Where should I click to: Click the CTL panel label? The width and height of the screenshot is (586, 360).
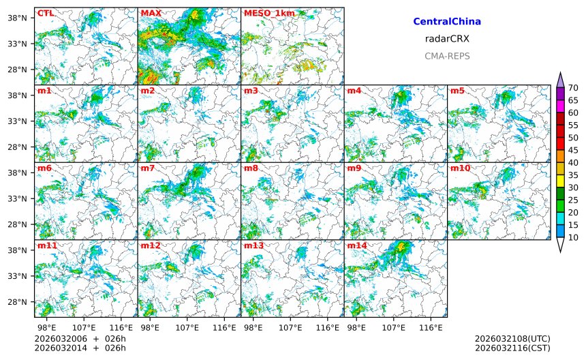point(46,13)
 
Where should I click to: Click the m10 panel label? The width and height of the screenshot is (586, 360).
point(461,168)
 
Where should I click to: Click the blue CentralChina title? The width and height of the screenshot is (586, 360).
point(447,22)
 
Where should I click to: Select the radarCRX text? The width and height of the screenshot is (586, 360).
point(447,39)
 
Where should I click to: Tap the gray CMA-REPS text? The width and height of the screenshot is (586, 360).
point(447,56)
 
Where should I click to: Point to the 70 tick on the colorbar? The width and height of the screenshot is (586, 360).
point(574,87)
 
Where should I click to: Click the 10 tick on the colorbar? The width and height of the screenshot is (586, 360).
point(574,237)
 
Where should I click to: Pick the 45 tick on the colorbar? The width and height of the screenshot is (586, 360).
point(574,150)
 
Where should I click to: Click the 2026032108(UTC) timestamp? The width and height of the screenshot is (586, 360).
point(512,338)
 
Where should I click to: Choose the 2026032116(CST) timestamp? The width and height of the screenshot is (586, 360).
point(512,348)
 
